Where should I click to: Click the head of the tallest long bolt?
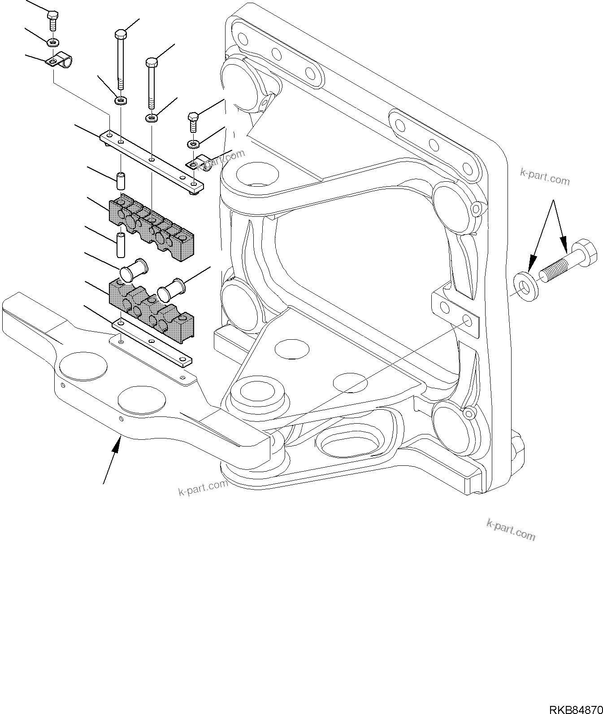tap(121, 34)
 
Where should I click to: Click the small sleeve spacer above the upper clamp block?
tap(121, 180)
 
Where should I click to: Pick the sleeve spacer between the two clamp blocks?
tap(121, 245)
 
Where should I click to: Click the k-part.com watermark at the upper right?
tap(545, 177)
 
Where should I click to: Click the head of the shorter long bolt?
tap(152, 62)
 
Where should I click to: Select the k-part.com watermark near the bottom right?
tap(511, 530)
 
